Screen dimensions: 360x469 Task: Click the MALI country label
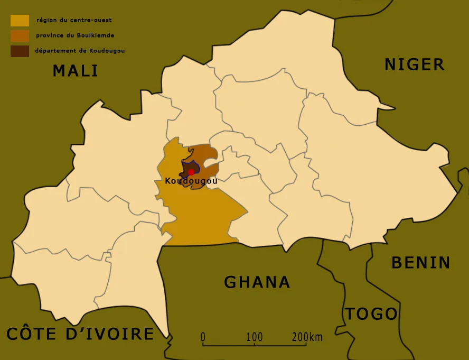[76, 70]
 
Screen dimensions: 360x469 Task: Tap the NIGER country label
[414, 64]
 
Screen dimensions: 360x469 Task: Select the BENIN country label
[420, 263]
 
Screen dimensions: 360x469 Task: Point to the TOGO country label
[371, 314]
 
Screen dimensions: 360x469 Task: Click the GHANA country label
[257, 282]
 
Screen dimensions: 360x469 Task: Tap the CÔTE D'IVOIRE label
[80, 334]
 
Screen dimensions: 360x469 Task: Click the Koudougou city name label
[191, 181]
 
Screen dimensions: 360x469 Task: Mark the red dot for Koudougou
[191, 172]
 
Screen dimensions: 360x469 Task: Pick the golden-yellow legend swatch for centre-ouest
[20, 21]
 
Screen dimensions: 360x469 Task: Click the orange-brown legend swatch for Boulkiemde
[20, 36]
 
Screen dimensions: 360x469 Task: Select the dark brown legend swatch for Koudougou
[20, 51]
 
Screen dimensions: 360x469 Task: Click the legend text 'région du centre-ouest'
[74, 21]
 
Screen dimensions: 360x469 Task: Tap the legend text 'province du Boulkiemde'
[75, 36]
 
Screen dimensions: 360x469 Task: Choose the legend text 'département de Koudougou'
[80, 51]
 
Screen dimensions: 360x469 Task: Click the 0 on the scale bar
[203, 337]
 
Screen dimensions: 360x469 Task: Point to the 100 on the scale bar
[254, 337]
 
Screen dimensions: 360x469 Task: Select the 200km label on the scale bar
[306, 337]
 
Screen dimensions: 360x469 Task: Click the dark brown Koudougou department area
[186, 168]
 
